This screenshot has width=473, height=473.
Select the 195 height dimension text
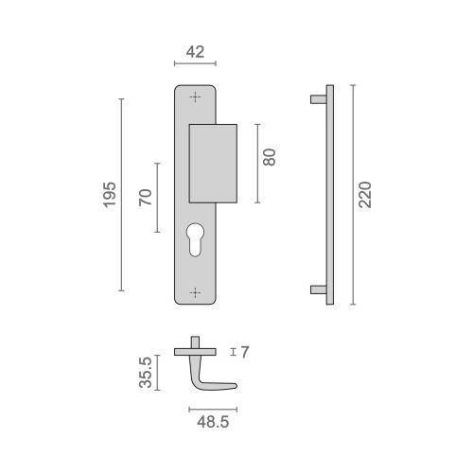pos(109,194)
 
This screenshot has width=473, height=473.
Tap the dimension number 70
pos(145,198)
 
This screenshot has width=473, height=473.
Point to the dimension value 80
pos(271,156)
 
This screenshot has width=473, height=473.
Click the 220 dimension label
pos(367,195)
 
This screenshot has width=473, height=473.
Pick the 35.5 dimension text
pos(146,373)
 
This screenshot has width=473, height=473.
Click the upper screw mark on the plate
pos(195,96)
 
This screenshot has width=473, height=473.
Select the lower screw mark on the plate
pos(195,292)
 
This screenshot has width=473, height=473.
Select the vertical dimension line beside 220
pos(352,194)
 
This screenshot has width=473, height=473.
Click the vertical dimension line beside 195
pos(122,194)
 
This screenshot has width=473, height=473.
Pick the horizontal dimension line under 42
pos(196,64)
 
